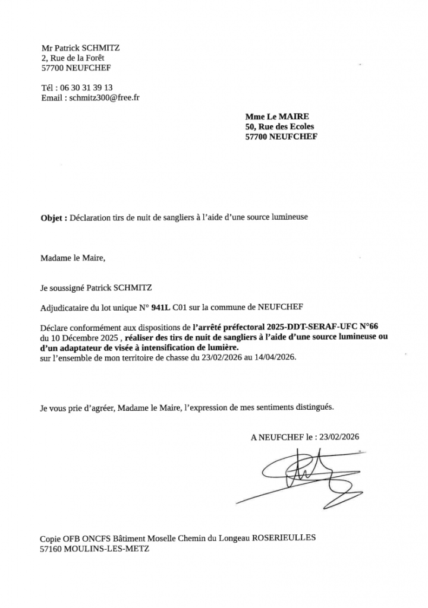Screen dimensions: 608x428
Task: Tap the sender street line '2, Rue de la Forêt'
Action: (x=80, y=58)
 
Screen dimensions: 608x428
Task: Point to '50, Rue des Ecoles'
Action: (x=279, y=126)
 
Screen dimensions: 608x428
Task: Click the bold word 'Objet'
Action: (x=53, y=218)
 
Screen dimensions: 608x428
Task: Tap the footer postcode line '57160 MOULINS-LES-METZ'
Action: (x=95, y=549)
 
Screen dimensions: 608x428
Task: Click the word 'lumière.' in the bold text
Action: (x=221, y=347)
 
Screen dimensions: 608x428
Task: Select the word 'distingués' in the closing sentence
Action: (x=314, y=408)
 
